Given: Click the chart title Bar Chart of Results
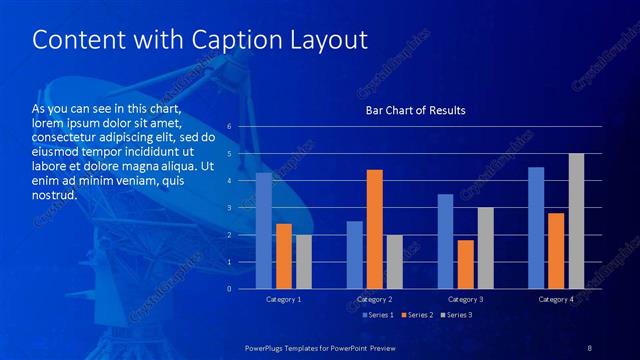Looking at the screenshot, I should click(414, 110).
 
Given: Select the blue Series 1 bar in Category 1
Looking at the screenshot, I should click(264, 231).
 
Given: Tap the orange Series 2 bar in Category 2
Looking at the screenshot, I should click(375, 229).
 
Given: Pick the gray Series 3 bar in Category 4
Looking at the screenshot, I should click(576, 221).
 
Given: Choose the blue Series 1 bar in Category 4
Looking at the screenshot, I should click(536, 228).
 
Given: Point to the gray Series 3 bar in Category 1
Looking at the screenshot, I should click(303, 262).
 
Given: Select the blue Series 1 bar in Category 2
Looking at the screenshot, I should click(355, 255).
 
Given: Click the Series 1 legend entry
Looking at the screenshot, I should click(376, 315).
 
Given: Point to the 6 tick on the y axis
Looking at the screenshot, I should click(229, 127).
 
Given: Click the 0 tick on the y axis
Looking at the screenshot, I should click(229, 289).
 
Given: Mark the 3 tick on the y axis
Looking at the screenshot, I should click(229, 208).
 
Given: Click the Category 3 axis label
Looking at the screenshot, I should click(465, 299).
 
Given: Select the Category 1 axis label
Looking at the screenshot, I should click(284, 299).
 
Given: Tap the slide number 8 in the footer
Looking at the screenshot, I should click(589, 347).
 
